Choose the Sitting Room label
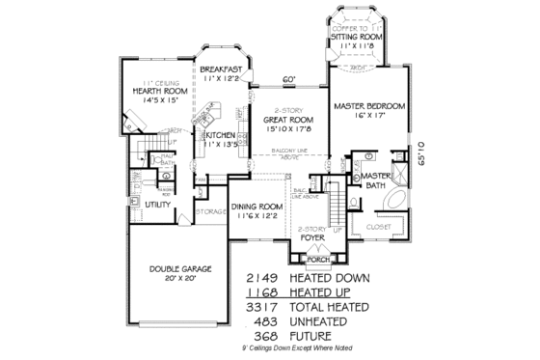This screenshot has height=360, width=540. (365, 36)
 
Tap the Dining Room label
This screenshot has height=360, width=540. (256, 207)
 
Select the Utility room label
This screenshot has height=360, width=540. (157, 205)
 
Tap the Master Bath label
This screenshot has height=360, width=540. (374, 179)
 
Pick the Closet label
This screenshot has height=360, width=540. (378, 226)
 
